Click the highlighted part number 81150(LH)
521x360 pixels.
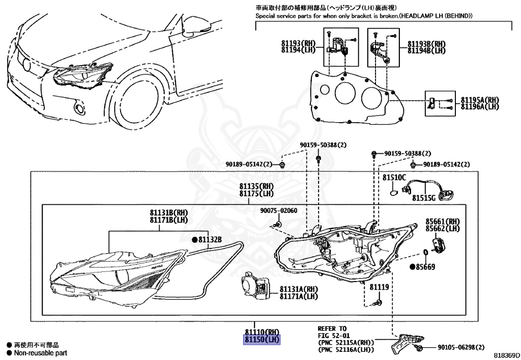coord(262,340)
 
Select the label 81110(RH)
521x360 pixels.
coord(263,332)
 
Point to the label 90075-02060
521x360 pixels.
coord(279,210)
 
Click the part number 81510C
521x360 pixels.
coord(395,178)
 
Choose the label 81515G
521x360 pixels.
coord(424,197)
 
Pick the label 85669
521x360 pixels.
coord(425,266)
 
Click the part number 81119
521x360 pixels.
coord(379,287)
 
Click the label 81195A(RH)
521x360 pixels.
coord(480,100)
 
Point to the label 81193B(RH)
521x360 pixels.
coord(426,44)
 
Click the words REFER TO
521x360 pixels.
coord(332,328)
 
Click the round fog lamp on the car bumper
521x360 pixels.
coord(79,108)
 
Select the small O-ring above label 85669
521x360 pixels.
coord(425,253)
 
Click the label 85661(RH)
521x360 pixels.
coord(443,221)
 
